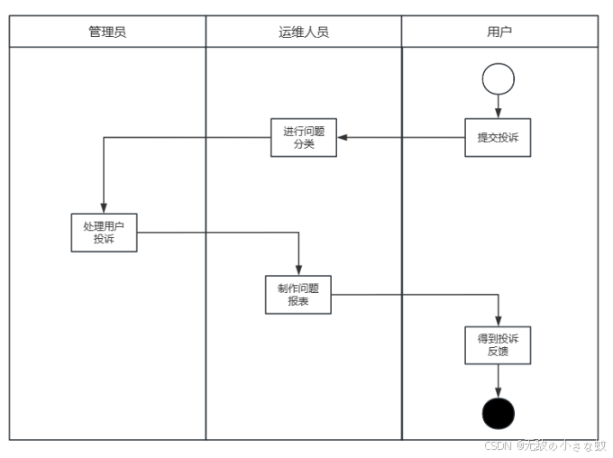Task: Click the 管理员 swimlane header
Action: point(107,32)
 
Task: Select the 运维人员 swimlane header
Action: point(304,32)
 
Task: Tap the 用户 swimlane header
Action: point(499,32)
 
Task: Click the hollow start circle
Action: point(499,78)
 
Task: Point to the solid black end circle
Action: point(499,413)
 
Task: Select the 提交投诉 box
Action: point(498,138)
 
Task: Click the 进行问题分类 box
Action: point(304,137)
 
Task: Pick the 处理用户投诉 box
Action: point(105,232)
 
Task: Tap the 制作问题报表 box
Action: point(298,295)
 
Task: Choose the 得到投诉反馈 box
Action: point(498,344)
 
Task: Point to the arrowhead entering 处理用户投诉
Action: point(105,207)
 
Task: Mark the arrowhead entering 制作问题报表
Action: point(298,270)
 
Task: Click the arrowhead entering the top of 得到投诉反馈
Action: point(499,320)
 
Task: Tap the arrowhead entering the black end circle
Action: point(499,391)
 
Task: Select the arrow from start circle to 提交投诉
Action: point(499,106)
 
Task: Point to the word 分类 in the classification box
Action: point(304,144)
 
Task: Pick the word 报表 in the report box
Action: point(298,302)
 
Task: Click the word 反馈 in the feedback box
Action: point(498,352)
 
